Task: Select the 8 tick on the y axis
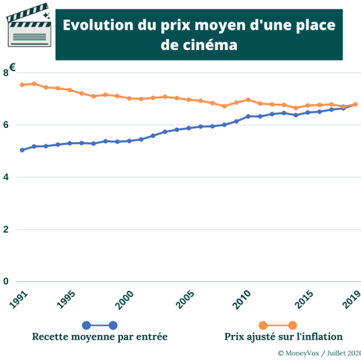5,73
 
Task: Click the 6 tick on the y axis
5,125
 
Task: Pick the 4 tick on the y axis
5,177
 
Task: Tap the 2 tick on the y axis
5,229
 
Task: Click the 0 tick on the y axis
5,282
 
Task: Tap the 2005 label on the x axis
182,300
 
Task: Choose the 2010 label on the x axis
241,300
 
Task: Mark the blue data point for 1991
22,150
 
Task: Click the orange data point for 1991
22,85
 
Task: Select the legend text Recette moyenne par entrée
100,336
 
